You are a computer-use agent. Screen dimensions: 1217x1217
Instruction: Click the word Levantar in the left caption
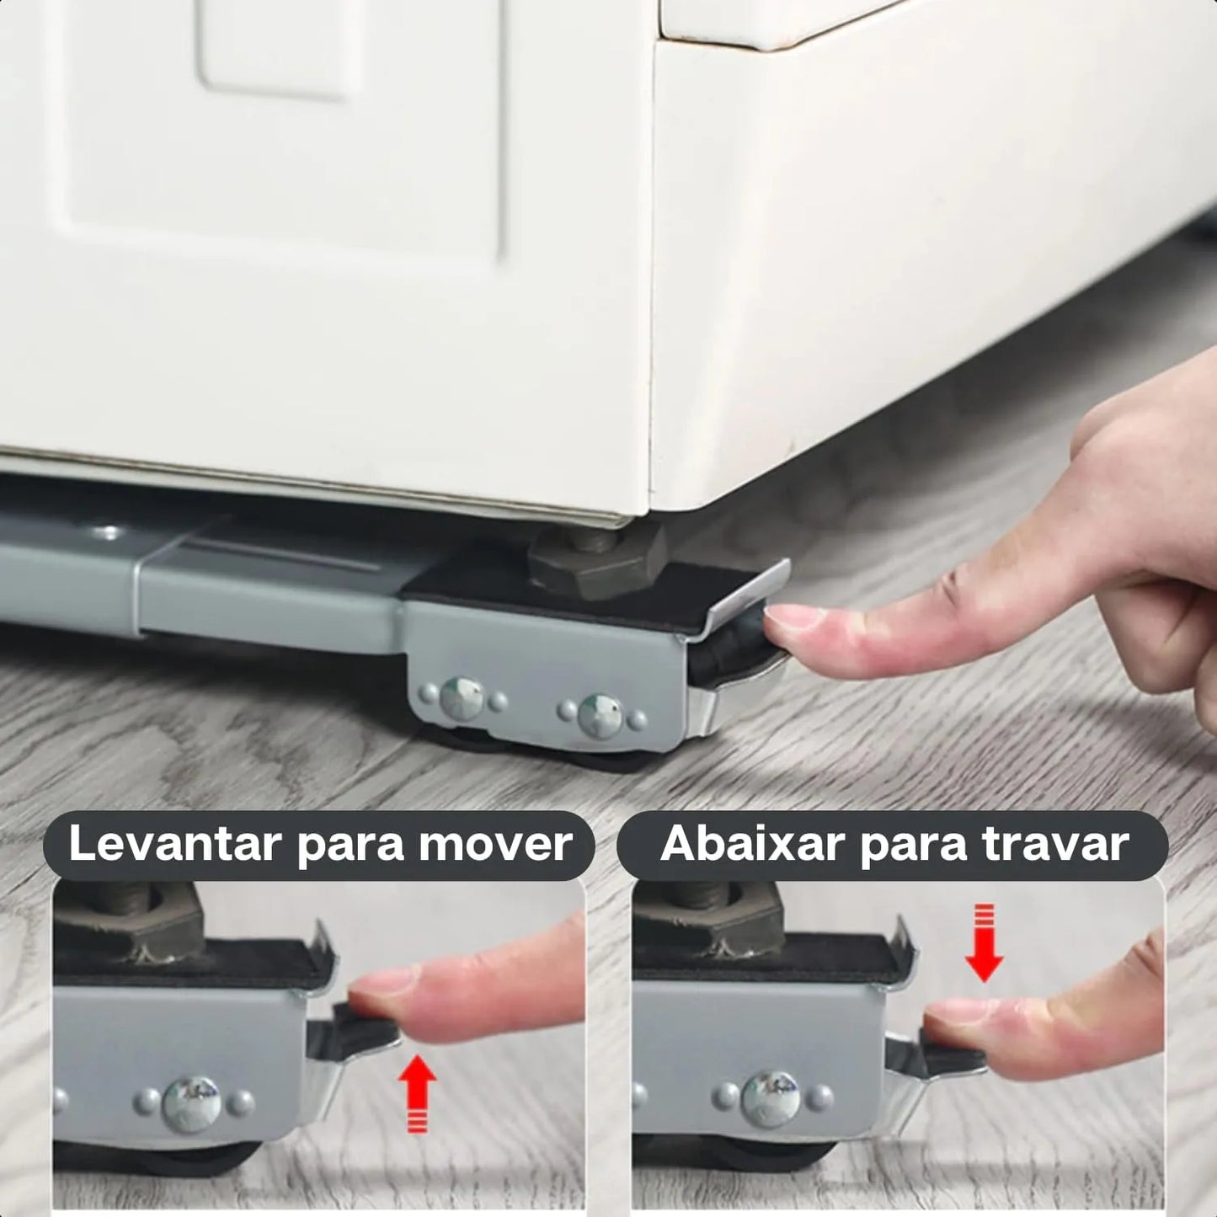click(x=174, y=844)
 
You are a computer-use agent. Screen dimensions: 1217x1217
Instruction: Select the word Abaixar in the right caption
click(x=750, y=844)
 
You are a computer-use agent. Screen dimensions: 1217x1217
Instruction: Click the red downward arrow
click(x=983, y=944)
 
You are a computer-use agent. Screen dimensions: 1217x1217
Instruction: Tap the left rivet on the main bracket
click(x=462, y=698)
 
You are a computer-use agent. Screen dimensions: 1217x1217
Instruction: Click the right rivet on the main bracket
click(x=600, y=715)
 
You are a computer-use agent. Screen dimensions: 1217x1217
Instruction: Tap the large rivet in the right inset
click(x=771, y=1097)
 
